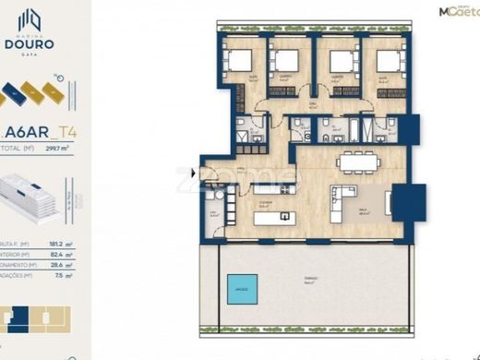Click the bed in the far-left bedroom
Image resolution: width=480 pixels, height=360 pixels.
point(241,62)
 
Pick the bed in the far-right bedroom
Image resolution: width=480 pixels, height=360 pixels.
point(388,62)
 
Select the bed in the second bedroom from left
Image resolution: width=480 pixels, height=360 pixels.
point(282,62)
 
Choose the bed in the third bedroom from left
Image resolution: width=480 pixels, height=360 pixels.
point(343,62)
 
